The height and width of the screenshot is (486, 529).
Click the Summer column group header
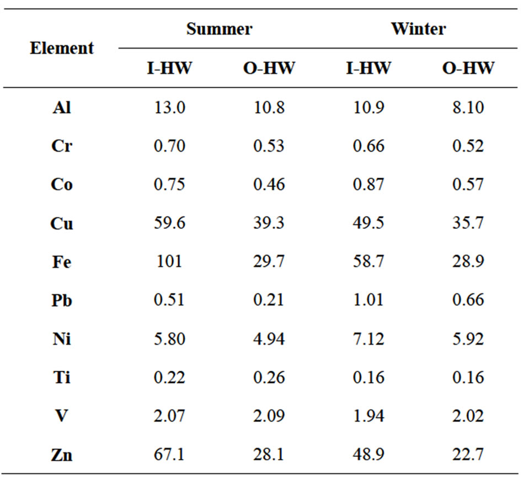[219, 29]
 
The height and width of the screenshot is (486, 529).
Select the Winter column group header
[418, 29]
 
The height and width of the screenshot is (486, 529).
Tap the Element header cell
[61, 49]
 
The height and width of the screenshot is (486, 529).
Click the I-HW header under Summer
[169, 68]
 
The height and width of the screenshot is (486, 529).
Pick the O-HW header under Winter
[468, 68]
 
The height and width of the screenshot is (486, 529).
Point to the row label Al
[61, 108]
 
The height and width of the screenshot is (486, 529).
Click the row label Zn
[61, 455]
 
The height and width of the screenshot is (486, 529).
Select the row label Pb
[61, 301]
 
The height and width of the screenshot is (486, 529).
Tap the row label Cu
[61, 223]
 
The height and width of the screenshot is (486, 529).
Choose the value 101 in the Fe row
[169, 261]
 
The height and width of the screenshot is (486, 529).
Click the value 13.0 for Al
[169, 108]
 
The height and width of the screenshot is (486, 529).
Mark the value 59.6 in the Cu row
[169, 223]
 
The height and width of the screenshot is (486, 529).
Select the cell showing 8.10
[468, 108]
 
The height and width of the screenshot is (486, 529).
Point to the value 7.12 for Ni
[368, 339]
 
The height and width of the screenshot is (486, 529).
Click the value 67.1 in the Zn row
[169, 455]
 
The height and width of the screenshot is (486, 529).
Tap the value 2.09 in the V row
[269, 416]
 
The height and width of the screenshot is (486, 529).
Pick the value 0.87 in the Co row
[368, 185]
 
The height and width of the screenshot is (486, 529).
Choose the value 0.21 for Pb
[269, 301]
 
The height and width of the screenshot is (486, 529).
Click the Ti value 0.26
[269, 378]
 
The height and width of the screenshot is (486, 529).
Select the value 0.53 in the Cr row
[269, 146]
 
